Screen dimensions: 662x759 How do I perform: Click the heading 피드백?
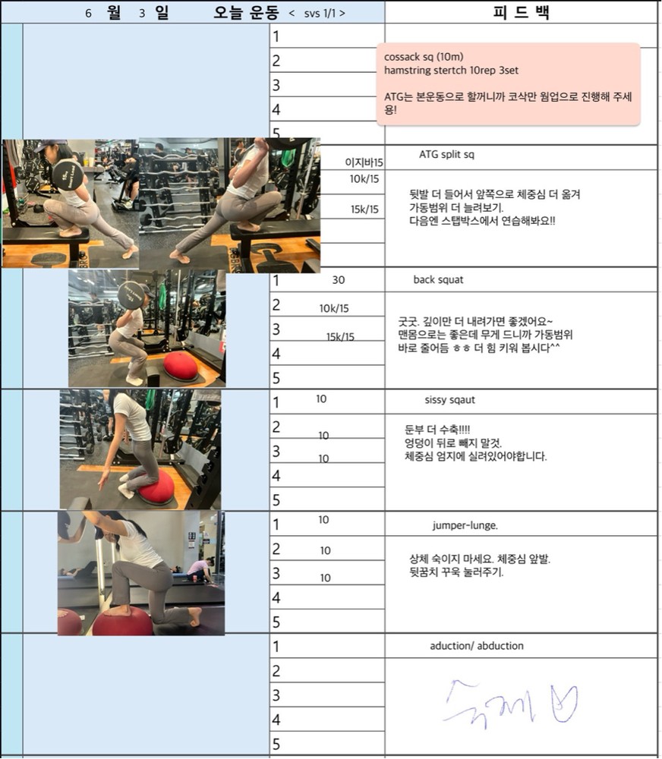pyautogui.click(x=521, y=12)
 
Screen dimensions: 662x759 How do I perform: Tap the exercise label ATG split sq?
pyautogui.click(x=446, y=155)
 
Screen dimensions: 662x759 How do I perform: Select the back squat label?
pyautogui.click(x=438, y=280)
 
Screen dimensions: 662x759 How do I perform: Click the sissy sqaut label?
pyautogui.click(x=450, y=400)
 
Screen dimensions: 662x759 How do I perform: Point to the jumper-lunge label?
pyautogui.click(x=465, y=525)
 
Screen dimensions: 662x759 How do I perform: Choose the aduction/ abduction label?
pyautogui.click(x=477, y=646)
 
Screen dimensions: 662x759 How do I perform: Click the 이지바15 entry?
pyautogui.click(x=364, y=162)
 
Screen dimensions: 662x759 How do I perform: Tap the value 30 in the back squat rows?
pyautogui.click(x=339, y=280)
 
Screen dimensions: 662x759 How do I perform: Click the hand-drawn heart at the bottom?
pyautogui.click(x=564, y=704)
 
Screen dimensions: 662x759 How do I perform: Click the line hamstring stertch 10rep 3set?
pyautogui.click(x=452, y=71)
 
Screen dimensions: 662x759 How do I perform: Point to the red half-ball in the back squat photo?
pyautogui.click(x=181, y=367)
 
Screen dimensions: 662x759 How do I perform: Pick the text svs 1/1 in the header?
pyautogui.click(x=320, y=14)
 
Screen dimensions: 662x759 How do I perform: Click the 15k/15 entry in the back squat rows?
pyautogui.click(x=340, y=337)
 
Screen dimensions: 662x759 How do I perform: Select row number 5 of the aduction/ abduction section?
pyautogui.click(x=276, y=744)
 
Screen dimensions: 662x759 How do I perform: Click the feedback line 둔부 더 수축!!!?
pyautogui.click(x=437, y=430)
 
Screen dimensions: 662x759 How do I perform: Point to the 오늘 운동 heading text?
pyautogui.click(x=247, y=13)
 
